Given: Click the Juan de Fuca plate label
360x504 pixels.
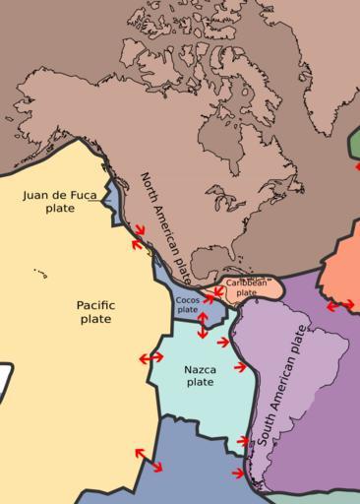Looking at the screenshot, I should (x=60, y=202).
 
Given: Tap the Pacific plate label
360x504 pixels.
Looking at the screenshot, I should (x=95, y=312).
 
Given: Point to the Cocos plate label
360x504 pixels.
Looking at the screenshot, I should (x=187, y=305).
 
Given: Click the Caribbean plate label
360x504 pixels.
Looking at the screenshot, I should (x=246, y=287).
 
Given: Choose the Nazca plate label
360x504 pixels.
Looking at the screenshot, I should (x=200, y=376).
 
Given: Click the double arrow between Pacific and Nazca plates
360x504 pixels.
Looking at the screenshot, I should (x=151, y=358).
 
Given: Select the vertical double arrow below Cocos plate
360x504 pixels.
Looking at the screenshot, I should (x=203, y=325).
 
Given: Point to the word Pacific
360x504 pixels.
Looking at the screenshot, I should (x=95, y=305).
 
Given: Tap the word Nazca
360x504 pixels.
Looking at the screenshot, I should (x=200, y=370).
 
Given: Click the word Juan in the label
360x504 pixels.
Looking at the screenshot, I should (x=36, y=195).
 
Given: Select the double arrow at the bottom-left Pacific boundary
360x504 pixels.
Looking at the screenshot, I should (x=149, y=459).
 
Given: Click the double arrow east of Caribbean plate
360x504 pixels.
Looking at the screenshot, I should (x=340, y=306).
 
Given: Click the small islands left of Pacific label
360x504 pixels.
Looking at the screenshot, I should (x=39, y=273).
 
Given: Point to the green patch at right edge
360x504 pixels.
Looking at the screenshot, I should (x=354, y=143).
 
